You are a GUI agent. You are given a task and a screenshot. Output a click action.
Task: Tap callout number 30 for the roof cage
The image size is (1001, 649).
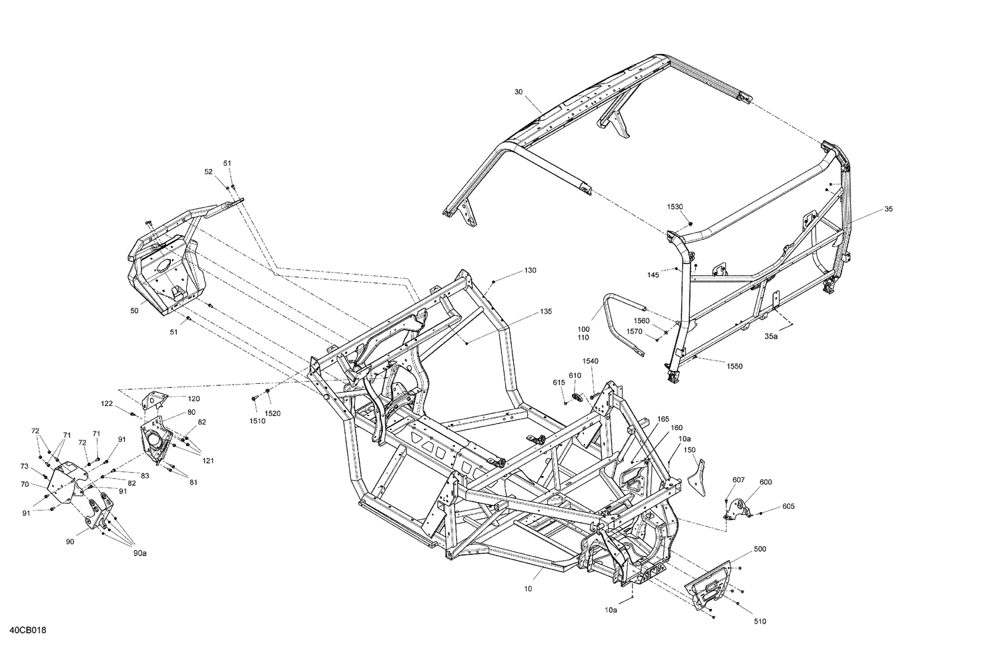coord(519,91)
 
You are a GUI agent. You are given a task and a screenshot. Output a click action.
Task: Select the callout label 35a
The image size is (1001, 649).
coord(771,337)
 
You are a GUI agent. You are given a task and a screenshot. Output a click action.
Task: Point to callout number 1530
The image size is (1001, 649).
coord(676,207)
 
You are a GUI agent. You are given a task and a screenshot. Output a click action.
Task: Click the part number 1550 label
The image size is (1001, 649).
coord(735,367)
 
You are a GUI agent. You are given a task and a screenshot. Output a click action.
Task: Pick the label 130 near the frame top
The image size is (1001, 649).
coord(530,270)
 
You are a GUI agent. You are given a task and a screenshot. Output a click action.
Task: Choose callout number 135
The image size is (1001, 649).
coord(546,311)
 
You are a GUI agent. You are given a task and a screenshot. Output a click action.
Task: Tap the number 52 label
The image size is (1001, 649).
coord(208,172)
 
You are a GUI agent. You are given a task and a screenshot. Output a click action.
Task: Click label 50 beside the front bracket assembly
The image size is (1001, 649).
coord(134,311)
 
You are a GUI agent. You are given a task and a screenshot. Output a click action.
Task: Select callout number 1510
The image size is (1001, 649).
coord(256,421)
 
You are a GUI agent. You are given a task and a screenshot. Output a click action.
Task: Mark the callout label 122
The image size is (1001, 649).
coord(107,403)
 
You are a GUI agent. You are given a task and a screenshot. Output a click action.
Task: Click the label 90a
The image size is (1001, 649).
coord(139,553)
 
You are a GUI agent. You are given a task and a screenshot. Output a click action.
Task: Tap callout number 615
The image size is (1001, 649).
coord(559,383)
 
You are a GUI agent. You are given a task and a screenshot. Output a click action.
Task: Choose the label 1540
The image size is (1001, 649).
coord(590,361)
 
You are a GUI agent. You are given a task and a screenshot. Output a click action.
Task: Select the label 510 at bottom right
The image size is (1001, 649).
coord(760,622)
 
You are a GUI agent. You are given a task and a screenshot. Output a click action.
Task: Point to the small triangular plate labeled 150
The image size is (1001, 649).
coord(695,474)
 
